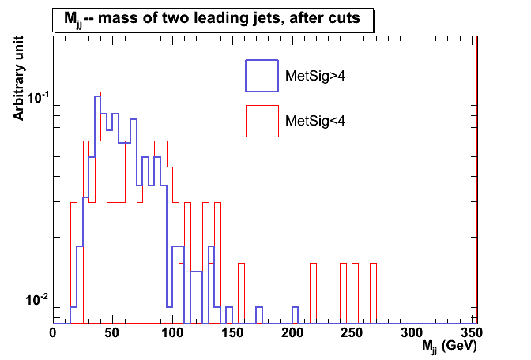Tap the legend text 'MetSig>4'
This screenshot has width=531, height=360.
314,76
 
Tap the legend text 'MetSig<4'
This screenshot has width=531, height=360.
314,121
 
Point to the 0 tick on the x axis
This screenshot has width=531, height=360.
53,333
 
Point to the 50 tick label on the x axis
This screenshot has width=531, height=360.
112,333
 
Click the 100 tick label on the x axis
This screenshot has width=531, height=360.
172,333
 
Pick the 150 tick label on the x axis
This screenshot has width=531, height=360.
232,333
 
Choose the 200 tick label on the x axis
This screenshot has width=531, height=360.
292,333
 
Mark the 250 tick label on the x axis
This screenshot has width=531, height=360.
352,333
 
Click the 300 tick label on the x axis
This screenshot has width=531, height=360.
412,333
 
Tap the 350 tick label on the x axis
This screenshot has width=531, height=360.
471,333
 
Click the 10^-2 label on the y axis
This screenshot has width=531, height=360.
37,299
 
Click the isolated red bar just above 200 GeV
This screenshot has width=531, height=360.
313,292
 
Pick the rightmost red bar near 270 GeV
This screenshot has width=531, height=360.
373,292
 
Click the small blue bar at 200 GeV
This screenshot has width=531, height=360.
295,315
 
